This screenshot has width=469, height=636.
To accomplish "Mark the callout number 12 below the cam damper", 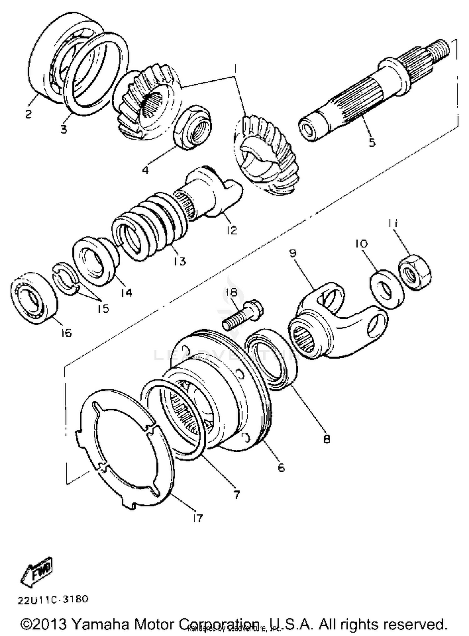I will coord(232,230).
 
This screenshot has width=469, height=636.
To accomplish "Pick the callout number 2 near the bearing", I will coord(28,114).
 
